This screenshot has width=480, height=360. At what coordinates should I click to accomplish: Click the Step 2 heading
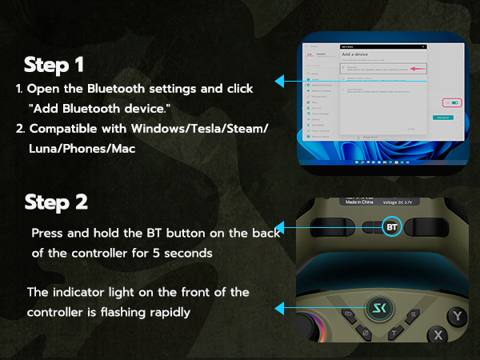point(57,202)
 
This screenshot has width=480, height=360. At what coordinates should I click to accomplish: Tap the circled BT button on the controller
point(391,226)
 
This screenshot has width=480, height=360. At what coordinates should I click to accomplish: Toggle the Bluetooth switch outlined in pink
point(456,102)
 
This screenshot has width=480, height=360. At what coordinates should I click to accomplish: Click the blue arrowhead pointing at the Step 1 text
point(280,81)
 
